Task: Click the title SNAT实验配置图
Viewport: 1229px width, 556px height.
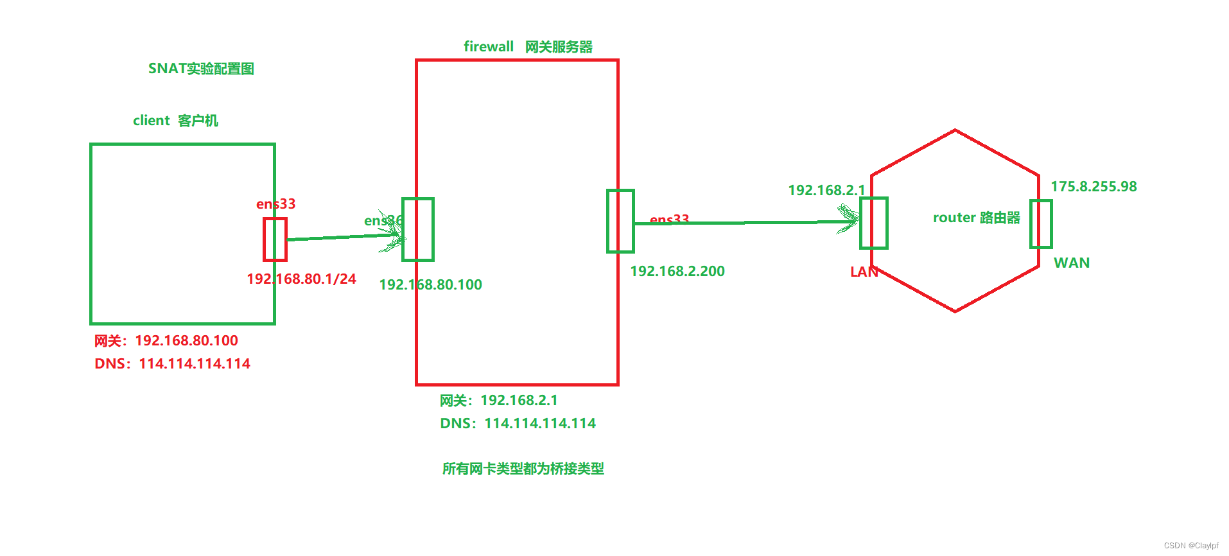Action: point(201,69)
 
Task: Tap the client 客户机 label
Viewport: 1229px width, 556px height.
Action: point(175,121)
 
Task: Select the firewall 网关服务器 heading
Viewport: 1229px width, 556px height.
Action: point(527,47)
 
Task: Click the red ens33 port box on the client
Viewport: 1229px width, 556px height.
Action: point(275,239)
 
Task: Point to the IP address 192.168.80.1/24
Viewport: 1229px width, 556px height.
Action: point(301,279)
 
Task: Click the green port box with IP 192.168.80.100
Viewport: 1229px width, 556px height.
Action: point(418,229)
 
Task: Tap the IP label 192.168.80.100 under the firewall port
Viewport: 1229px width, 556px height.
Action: point(430,284)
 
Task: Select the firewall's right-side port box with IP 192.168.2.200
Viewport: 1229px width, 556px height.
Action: point(620,221)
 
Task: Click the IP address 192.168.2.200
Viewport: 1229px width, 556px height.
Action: point(677,271)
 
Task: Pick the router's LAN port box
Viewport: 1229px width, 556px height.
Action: point(874,223)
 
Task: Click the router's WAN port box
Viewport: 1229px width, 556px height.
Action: point(1041,224)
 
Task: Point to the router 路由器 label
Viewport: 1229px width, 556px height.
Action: point(976,218)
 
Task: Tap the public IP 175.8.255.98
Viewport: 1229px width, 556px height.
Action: point(1094,186)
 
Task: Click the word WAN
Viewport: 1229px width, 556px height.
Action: point(1072,263)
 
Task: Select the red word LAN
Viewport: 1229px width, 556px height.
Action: point(864,272)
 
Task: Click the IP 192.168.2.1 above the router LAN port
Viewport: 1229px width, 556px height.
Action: point(826,190)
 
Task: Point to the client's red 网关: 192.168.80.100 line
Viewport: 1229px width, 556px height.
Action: point(166,340)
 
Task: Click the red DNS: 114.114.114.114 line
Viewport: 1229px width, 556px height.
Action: point(172,363)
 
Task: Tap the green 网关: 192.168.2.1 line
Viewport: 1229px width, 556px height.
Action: point(499,400)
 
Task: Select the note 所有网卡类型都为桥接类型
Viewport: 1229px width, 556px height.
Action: point(523,469)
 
